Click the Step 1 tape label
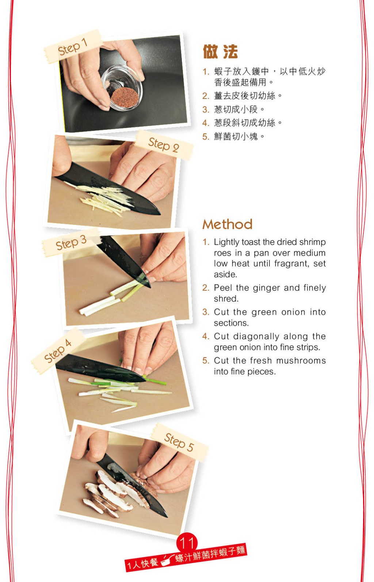(73, 47)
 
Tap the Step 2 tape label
(164, 145)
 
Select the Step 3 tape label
(71, 242)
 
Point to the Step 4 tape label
(58, 351)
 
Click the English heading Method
(228, 224)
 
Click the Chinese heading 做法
(220, 51)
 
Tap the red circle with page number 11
(187, 543)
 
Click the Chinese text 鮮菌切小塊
(236, 137)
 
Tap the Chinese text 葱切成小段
(236, 110)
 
